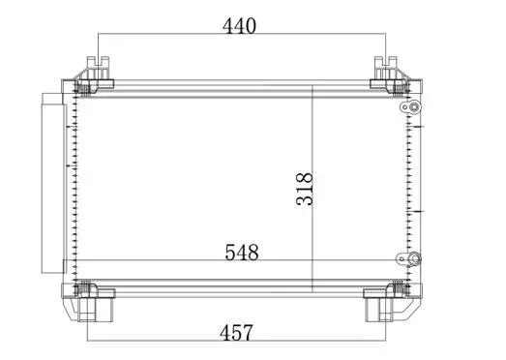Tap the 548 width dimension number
point(242,253)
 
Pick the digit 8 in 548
point(253,253)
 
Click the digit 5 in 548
point(229,253)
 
